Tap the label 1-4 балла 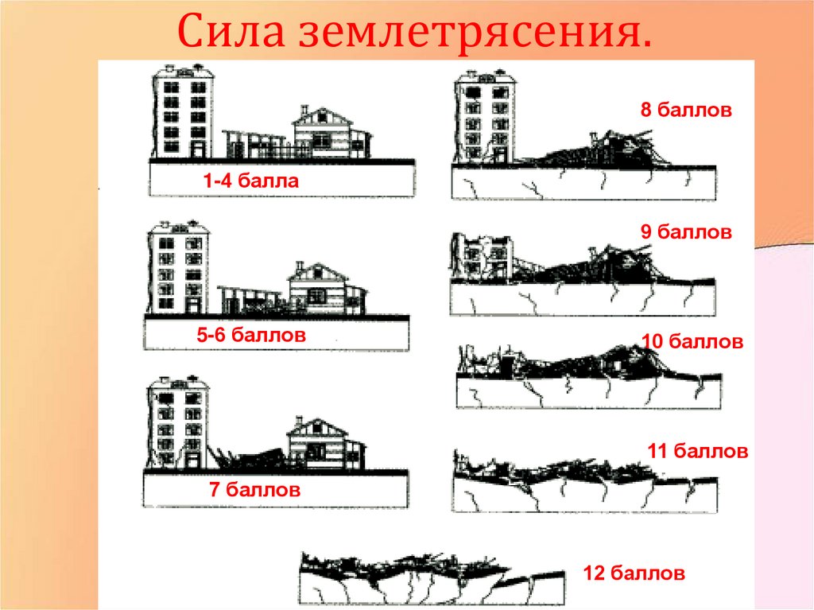click(251, 181)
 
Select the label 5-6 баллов click(251, 335)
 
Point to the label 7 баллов click(255, 489)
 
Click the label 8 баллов click(686, 111)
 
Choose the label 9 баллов click(686, 231)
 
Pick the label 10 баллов click(693, 341)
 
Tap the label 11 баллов click(698, 450)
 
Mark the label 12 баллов click(634, 573)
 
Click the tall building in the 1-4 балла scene click(183, 111)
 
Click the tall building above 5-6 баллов click(179, 267)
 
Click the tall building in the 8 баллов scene click(485, 116)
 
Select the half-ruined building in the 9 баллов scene click(481, 257)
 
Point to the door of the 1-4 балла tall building click(198, 150)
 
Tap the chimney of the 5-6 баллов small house click(299, 267)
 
